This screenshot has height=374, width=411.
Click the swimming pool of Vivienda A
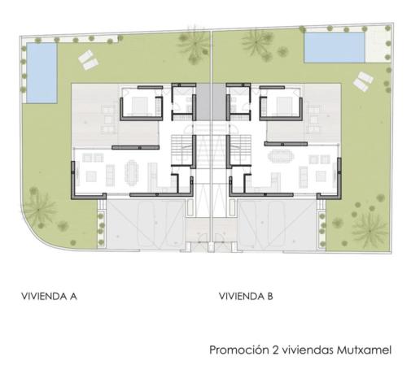42,72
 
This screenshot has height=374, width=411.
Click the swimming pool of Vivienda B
335,47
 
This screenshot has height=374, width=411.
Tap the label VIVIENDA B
246,296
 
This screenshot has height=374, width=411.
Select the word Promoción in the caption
238,350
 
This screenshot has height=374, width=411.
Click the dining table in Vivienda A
133,172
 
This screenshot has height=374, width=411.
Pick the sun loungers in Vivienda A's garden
87,58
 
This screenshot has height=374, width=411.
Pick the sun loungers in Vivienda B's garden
361,80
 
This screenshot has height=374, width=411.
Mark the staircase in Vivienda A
183,150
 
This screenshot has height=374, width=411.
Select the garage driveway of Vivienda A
145,224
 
